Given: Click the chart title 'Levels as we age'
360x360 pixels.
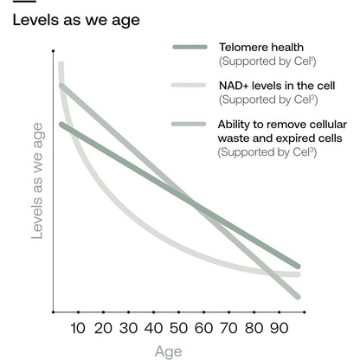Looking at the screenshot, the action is click(76, 21).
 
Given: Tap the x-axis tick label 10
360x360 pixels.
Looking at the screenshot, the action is click(78, 328).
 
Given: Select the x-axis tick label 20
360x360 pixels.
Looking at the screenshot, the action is click(103, 328).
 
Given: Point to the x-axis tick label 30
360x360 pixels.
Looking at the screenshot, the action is click(128, 328).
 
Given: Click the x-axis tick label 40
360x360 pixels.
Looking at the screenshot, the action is click(153, 328).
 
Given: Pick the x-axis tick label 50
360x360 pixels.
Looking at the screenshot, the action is click(179, 328).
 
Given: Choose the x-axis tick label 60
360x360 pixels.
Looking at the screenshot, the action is click(204, 328).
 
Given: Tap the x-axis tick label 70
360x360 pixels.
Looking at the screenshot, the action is click(229, 328).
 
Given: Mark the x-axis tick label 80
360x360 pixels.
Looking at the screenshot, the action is click(254, 328).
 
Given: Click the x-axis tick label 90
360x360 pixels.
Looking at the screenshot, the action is click(280, 328).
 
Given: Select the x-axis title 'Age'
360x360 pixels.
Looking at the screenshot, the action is click(169, 352).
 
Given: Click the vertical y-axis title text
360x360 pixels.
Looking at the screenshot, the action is click(37, 181).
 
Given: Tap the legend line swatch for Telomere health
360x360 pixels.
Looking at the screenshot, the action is click(190, 47).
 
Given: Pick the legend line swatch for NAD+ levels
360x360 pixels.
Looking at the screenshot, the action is click(189, 85).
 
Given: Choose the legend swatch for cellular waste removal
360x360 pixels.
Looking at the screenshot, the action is click(189, 124).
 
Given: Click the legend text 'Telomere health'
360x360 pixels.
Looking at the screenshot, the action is click(261, 48).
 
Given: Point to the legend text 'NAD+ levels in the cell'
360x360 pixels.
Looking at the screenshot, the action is click(277, 86).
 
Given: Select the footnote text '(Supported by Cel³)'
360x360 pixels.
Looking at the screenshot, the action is click(267, 152).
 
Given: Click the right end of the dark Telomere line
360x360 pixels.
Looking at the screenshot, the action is click(299, 267).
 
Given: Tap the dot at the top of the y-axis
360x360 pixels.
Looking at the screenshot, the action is click(53, 51).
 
